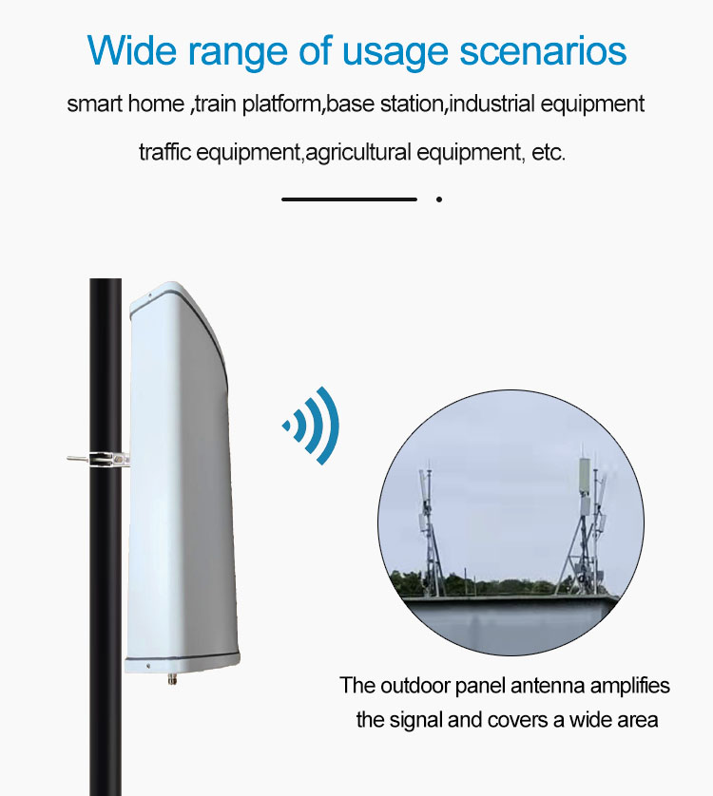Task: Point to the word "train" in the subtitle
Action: [x=216, y=104]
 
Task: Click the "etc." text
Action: [x=549, y=152]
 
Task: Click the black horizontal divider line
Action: [x=349, y=199]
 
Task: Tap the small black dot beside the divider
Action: [x=439, y=199]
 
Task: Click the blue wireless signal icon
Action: [x=313, y=425]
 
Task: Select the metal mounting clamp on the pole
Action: [x=101, y=458]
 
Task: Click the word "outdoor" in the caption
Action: [x=410, y=685]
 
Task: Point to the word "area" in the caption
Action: [x=635, y=719]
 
